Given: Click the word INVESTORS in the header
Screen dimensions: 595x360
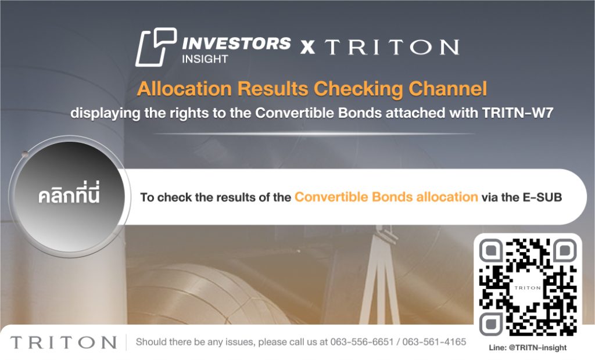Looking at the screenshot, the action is tap(236, 43).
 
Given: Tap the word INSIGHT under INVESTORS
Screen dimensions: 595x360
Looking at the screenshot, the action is tap(205, 59).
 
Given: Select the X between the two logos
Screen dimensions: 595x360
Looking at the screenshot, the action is tap(307, 46).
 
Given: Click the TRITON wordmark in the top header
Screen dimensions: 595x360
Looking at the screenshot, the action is tap(392, 46).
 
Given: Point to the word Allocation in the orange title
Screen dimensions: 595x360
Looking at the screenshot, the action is tap(184, 89).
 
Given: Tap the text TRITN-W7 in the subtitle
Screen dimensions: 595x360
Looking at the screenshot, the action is tap(517, 113).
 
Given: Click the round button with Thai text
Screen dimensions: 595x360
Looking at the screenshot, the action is tap(70, 196).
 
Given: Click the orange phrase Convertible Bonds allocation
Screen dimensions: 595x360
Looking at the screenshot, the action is tap(386, 197).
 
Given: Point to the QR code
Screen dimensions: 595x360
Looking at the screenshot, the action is tap(528, 287).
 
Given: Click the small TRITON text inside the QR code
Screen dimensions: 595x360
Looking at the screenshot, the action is tap(528, 288).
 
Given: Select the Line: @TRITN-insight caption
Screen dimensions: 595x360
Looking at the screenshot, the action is tap(528, 347).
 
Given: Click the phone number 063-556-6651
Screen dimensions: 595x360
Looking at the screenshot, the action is tap(361, 342).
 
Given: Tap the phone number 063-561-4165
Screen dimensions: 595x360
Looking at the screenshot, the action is tap(434, 342).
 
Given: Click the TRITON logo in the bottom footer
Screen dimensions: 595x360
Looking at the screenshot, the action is tap(63, 342).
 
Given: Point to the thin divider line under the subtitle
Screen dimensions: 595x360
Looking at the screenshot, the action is tap(314, 134).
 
